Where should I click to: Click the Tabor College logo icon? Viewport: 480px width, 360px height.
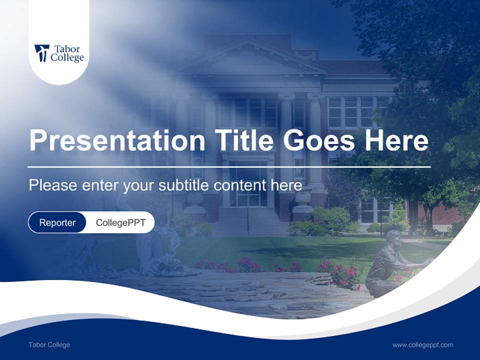(41, 53)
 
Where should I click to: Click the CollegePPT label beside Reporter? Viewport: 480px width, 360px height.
(120, 222)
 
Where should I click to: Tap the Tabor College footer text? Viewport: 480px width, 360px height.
(49, 345)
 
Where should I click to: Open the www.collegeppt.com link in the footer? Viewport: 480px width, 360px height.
(422, 345)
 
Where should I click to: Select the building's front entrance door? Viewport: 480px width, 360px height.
(248, 187)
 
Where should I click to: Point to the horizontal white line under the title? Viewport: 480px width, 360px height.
(229, 166)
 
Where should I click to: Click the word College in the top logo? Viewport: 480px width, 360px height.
(67, 58)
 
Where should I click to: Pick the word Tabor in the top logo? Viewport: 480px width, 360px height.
(67, 49)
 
